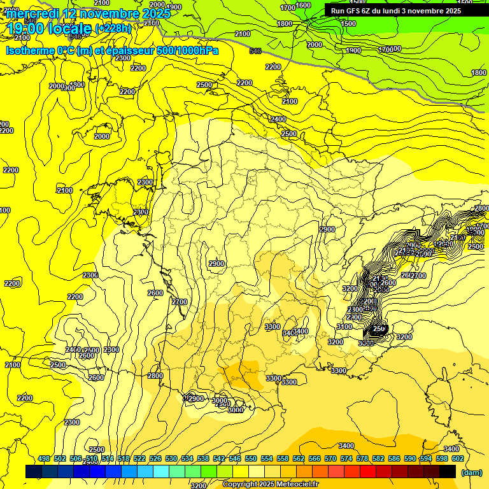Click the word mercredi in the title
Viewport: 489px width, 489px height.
pos(34,13)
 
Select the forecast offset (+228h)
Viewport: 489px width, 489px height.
pos(113,29)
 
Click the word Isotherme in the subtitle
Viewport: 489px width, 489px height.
pos(30,50)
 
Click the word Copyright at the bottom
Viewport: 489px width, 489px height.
pos(241,485)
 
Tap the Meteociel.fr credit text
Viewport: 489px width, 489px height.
pos(297,485)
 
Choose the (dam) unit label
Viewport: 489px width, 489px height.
pos(471,472)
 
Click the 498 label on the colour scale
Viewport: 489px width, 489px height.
pos(44,458)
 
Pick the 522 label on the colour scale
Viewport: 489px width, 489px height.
pos(139,458)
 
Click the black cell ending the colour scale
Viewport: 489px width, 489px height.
pos(448,472)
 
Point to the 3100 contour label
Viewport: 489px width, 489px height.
pos(344,327)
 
